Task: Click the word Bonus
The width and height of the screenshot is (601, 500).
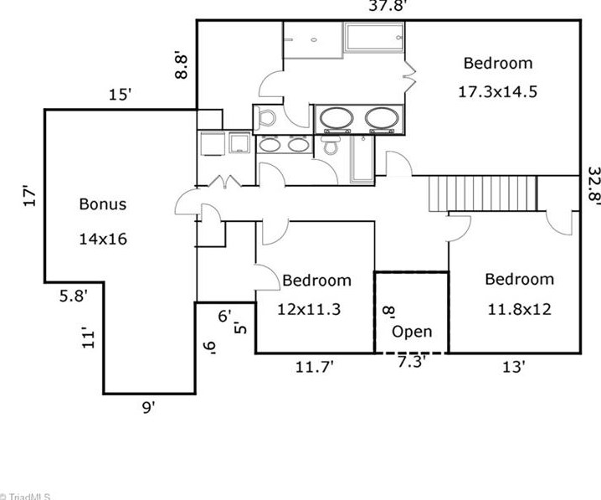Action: click(x=103, y=204)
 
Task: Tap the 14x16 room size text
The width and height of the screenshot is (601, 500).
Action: click(x=103, y=239)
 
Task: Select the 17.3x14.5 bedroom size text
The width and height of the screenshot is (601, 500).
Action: click(x=497, y=91)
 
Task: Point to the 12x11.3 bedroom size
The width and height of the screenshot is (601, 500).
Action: click(x=309, y=309)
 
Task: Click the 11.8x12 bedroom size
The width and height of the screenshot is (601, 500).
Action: click(x=519, y=309)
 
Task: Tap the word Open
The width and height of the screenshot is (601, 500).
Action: click(x=412, y=332)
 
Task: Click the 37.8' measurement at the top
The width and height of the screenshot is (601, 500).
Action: click(x=387, y=6)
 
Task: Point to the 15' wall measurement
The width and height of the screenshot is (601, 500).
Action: click(x=120, y=95)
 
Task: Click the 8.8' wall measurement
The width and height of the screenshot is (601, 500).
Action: click(x=181, y=64)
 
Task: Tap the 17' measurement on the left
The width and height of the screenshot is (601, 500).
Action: click(x=29, y=196)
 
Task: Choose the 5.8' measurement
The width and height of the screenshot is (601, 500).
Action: click(x=73, y=296)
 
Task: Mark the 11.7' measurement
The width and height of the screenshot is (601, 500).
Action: click(x=314, y=368)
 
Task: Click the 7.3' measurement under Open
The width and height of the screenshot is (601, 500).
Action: click(x=411, y=361)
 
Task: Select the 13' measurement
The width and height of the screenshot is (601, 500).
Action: click(x=513, y=368)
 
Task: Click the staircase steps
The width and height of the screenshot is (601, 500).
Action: click(x=483, y=193)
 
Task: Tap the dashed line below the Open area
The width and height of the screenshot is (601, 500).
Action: click(x=411, y=353)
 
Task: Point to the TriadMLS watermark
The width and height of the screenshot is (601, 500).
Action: click(x=25, y=496)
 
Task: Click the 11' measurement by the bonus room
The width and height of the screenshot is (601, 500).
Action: click(x=88, y=338)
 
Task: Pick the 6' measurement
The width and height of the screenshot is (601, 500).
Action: click(x=224, y=316)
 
